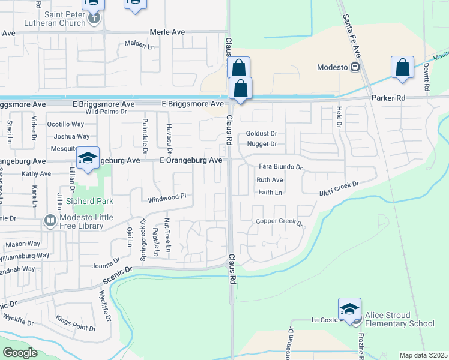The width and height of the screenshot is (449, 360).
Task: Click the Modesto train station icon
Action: point(356,68)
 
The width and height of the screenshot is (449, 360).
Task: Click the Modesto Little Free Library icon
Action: point(50,221)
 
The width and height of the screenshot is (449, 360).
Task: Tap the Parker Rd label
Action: point(388,98)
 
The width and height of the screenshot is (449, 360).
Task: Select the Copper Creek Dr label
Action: point(281,222)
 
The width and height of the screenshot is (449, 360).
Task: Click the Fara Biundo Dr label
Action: point(280,166)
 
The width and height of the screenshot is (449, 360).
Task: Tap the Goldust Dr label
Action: point(261,134)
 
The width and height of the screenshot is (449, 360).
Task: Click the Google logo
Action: point(20,353)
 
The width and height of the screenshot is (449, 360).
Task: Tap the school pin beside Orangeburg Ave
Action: point(88,160)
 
